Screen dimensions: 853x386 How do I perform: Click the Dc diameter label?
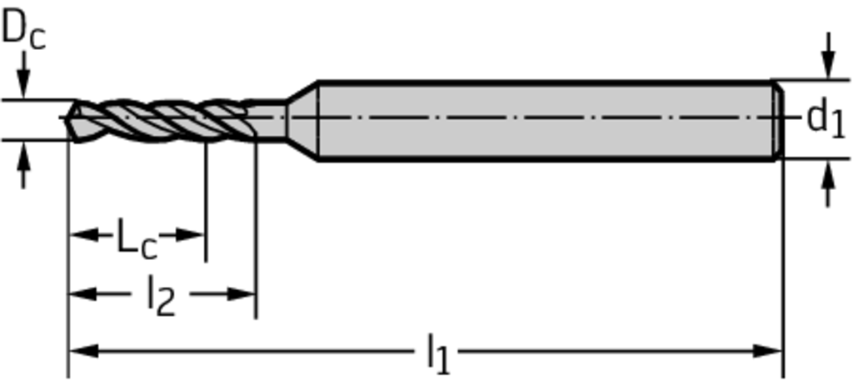tap(24, 29)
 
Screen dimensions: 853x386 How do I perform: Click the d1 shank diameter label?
tap(826, 119)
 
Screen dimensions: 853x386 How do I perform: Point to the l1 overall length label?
tap(438, 353)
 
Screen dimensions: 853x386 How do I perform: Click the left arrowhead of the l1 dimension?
tap(83, 351)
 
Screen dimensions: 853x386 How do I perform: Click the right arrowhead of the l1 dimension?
tap(767, 351)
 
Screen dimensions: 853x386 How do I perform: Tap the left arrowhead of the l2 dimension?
tap(83, 294)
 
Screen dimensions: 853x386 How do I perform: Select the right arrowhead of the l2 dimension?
tap(241, 294)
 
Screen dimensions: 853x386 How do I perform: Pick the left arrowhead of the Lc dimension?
tap(84, 235)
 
